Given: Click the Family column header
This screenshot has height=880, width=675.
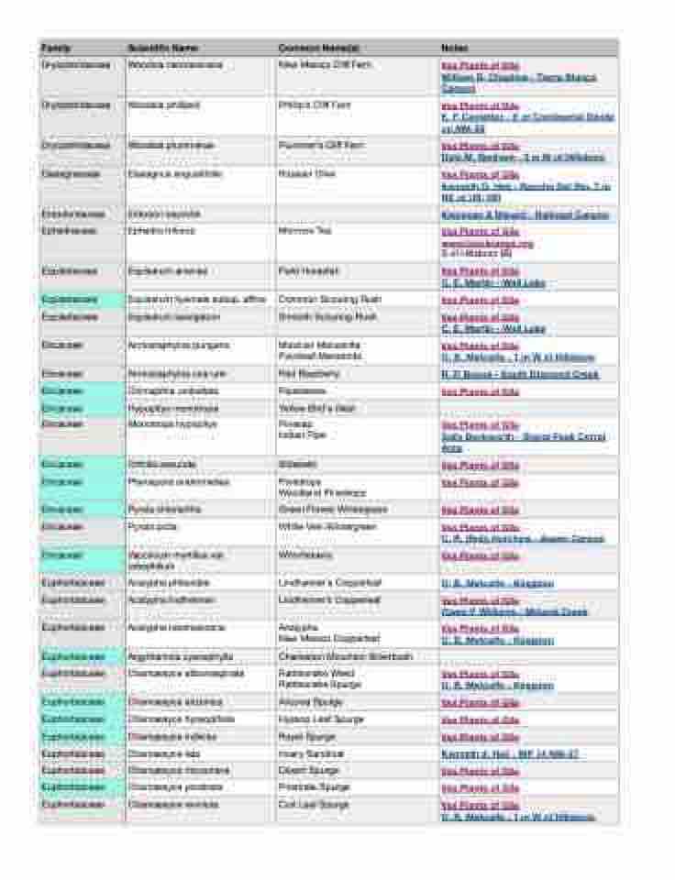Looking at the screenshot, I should (x=56, y=48).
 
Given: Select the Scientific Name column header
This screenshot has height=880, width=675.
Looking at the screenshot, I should (x=162, y=48).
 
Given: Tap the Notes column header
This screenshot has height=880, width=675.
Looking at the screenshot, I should (x=455, y=48).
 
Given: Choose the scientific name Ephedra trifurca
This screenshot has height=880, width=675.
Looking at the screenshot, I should (x=160, y=231).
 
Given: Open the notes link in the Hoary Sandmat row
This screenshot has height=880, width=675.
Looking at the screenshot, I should (x=509, y=754).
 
